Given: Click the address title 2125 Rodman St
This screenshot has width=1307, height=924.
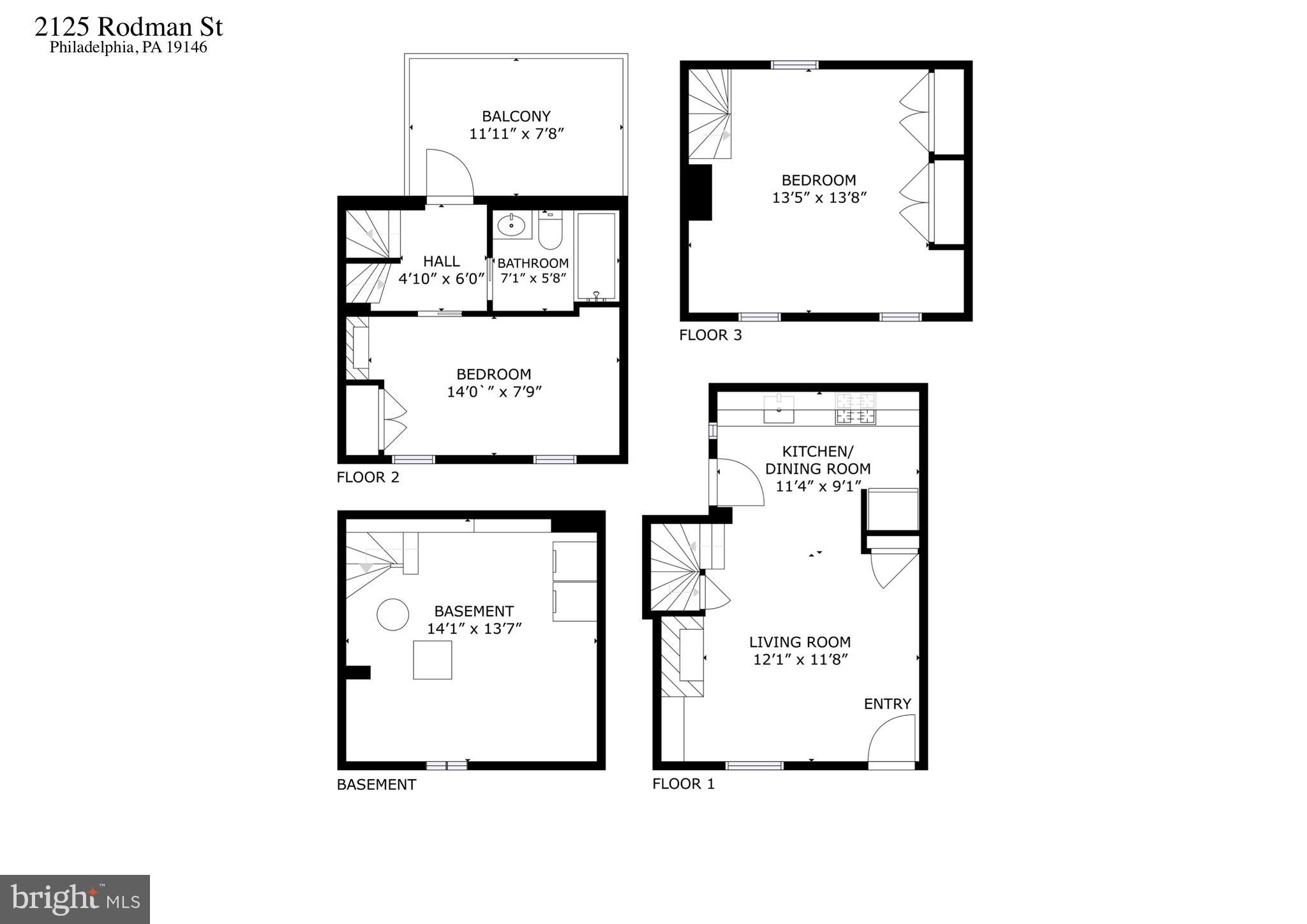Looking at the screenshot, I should [x=128, y=27].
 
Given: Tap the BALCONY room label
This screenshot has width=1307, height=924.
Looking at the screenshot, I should [x=516, y=116].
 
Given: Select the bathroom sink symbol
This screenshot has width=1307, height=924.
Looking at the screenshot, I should [x=512, y=225].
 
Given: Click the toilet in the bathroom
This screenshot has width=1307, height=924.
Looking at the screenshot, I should [x=549, y=231].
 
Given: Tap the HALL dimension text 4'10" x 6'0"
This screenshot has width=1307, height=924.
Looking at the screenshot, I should [x=442, y=279].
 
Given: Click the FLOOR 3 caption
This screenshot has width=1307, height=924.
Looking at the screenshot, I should [x=710, y=335].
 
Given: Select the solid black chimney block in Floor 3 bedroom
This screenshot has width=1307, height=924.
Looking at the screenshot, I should [x=700, y=192].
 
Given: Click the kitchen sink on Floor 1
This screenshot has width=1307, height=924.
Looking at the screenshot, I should [x=779, y=408].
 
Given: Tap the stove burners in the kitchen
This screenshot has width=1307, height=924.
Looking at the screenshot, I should [x=856, y=408].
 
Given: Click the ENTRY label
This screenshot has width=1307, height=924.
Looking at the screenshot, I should [x=887, y=703].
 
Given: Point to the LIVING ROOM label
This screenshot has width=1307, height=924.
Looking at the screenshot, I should [x=800, y=642].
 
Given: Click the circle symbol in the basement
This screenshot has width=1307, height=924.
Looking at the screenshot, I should [x=392, y=615].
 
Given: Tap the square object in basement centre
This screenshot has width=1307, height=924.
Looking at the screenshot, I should [x=432, y=660].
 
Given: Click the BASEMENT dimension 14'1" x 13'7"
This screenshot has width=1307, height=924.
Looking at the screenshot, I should [x=474, y=629].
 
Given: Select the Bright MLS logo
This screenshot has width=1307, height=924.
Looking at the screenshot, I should [x=75, y=899].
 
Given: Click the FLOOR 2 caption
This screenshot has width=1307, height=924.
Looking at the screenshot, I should [x=368, y=477].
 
